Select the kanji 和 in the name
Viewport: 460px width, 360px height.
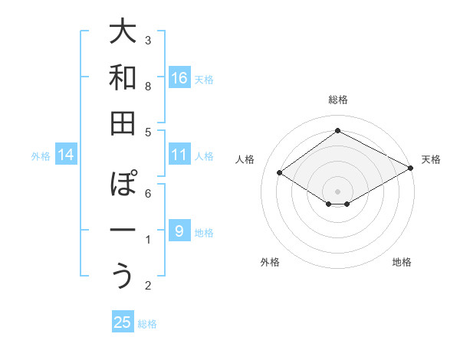pyautogui.click(x=123, y=77)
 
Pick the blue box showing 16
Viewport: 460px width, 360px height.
pyautogui.click(x=179, y=78)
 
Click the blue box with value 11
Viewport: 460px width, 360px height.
pyautogui.click(x=179, y=155)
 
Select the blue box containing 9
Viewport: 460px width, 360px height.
pyautogui.click(x=179, y=231)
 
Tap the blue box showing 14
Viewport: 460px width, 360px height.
pyautogui.click(x=66, y=155)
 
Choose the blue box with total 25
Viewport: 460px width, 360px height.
pyautogui.click(x=123, y=322)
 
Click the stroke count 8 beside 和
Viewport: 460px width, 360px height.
pyautogui.click(x=148, y=86)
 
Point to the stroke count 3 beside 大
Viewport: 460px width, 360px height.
pyautogui.click(x=148, y=39)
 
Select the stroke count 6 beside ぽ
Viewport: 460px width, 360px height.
pyautogui.click(x=148, y=193)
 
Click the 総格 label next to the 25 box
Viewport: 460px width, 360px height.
pyautogui.click(x=148, y=324)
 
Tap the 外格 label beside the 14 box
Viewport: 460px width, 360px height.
pyautogui.click(x=41, y=156)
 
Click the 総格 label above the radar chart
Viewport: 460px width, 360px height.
pyautogui.click(x=337, y=100)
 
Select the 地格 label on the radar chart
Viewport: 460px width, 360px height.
pyautogui.click(x=402, y=262)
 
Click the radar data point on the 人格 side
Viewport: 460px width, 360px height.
pyautogui.click(x=280, y=173)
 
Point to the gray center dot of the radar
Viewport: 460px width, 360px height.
pyautogui.click(x=337, y=190)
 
